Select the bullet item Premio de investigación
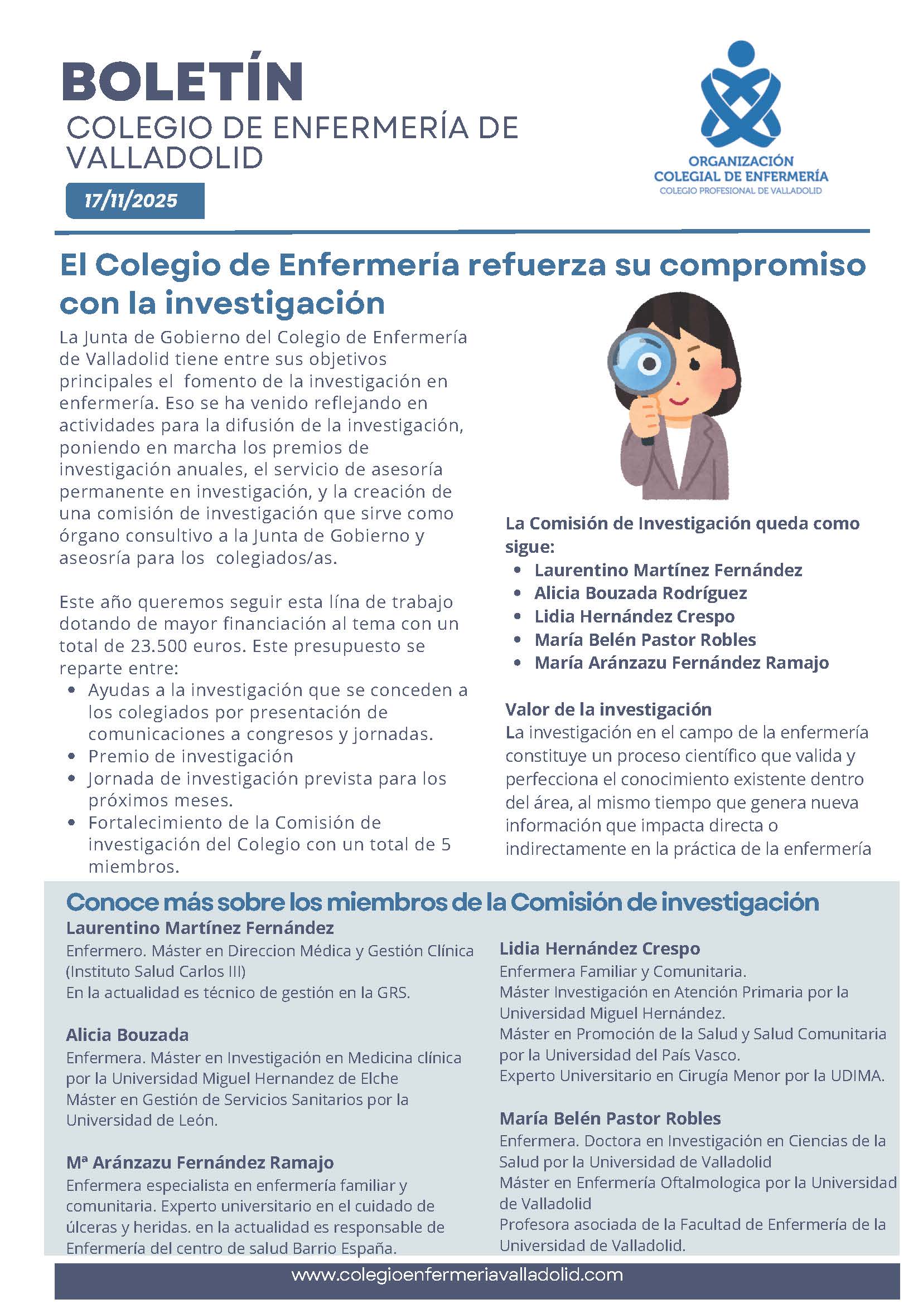(x=190, y=756)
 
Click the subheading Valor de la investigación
(x=608, y=709)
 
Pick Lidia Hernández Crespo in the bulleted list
(x=634, y=616)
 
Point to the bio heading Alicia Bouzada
(x=127, y=1035)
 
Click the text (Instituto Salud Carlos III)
(x=156, y=972)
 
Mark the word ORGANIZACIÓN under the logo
(x=741, y=162)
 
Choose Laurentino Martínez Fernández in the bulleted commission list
(x=668, y=570)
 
